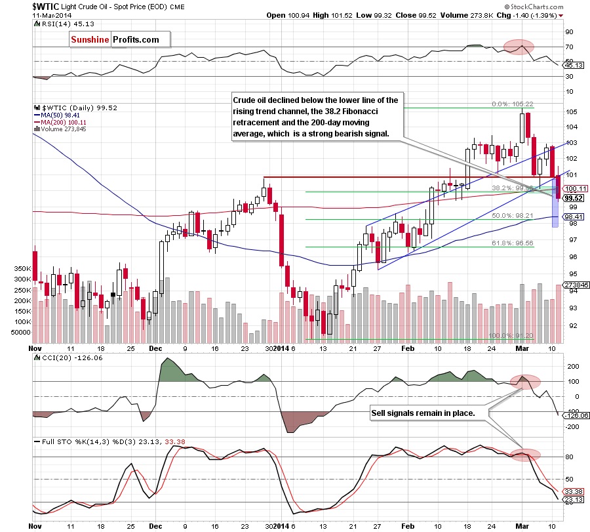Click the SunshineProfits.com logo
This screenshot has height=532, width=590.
coord(115,39)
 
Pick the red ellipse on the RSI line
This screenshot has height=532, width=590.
coord(518,46)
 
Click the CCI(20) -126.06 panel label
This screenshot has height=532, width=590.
coord(58,356)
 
